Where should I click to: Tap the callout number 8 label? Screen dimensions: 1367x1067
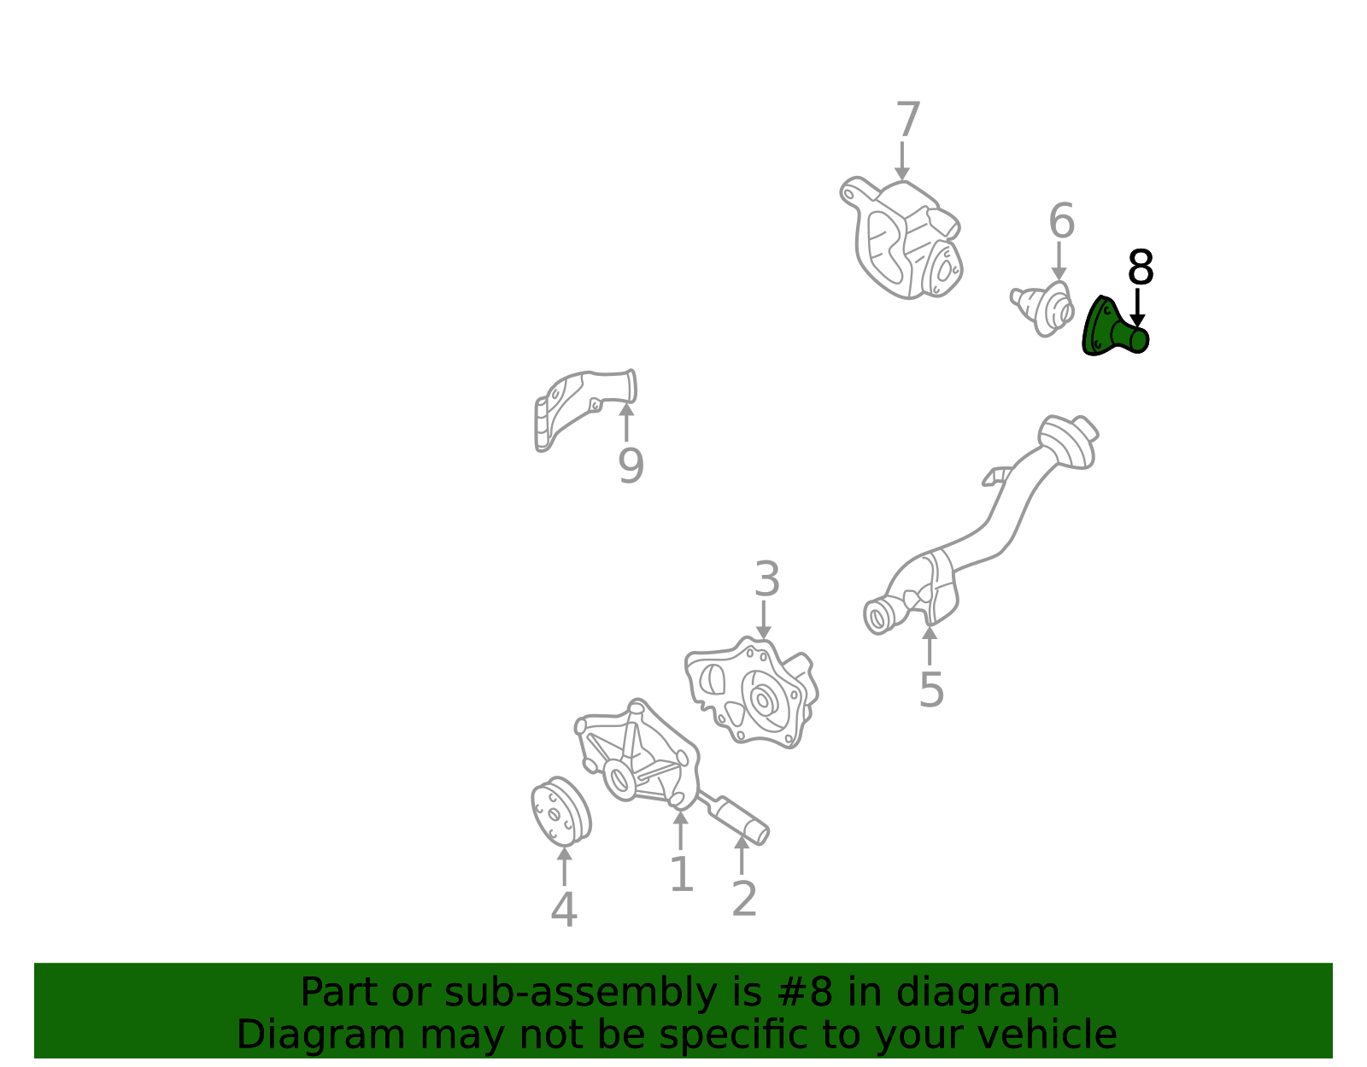click(x=1140, y=267)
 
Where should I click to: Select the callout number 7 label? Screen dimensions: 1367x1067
click(x=907, y=120)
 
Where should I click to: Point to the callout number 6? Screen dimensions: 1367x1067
click(x=1062, y=220)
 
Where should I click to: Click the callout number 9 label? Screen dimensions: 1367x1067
click(x=631, y=466)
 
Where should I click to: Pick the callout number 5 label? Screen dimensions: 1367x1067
click(x=931, y=690)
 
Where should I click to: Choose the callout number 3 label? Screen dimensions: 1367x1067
click(x=767, y=579)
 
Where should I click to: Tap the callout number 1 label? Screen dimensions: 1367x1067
click(x=682, y=874)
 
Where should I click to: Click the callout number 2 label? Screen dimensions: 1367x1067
click(x=744, y=899)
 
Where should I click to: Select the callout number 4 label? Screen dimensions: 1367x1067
click(x=564, y=910)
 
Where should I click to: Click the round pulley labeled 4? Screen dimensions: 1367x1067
click(x=561, y=812)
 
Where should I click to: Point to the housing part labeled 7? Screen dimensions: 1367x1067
click(x=901, y=238)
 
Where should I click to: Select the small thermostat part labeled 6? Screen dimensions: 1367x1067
click(x=1041, y=308)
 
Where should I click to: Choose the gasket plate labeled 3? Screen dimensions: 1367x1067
click(x=752, y=694)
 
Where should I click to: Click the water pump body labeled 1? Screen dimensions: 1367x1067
click(x=637, y=754)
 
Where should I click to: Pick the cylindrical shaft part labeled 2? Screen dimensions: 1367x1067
click(x=736, y=818)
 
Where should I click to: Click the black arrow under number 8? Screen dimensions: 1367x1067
click(x=1137, y=308)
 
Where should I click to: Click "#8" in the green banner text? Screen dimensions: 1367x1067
click(x=812, y=993)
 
